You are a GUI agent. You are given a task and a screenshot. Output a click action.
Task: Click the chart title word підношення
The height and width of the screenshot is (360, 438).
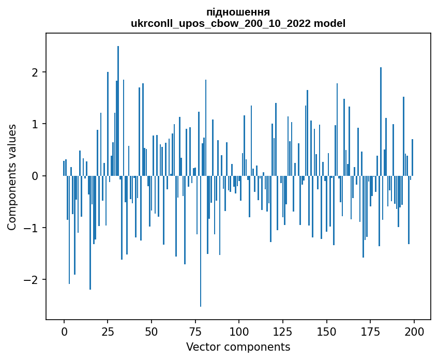tap(238, 12)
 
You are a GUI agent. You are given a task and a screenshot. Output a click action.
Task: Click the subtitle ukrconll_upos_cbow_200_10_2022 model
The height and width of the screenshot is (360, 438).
tap(238, 23)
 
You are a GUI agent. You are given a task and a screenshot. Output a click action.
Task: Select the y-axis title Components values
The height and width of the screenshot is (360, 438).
tap(11, 177)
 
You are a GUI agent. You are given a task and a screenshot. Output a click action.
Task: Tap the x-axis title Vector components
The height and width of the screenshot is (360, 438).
tap(238, 347)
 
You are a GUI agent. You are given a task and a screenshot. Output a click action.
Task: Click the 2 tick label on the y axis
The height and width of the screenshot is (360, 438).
tap(36, 72)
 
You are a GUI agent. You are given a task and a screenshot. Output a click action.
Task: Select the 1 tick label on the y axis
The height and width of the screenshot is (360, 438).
tap(36, 124)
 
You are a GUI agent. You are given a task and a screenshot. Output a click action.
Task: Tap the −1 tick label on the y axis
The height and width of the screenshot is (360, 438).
tap(32, 228)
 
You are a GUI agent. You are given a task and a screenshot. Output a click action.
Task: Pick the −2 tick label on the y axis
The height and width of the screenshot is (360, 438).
tap(32, 280)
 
